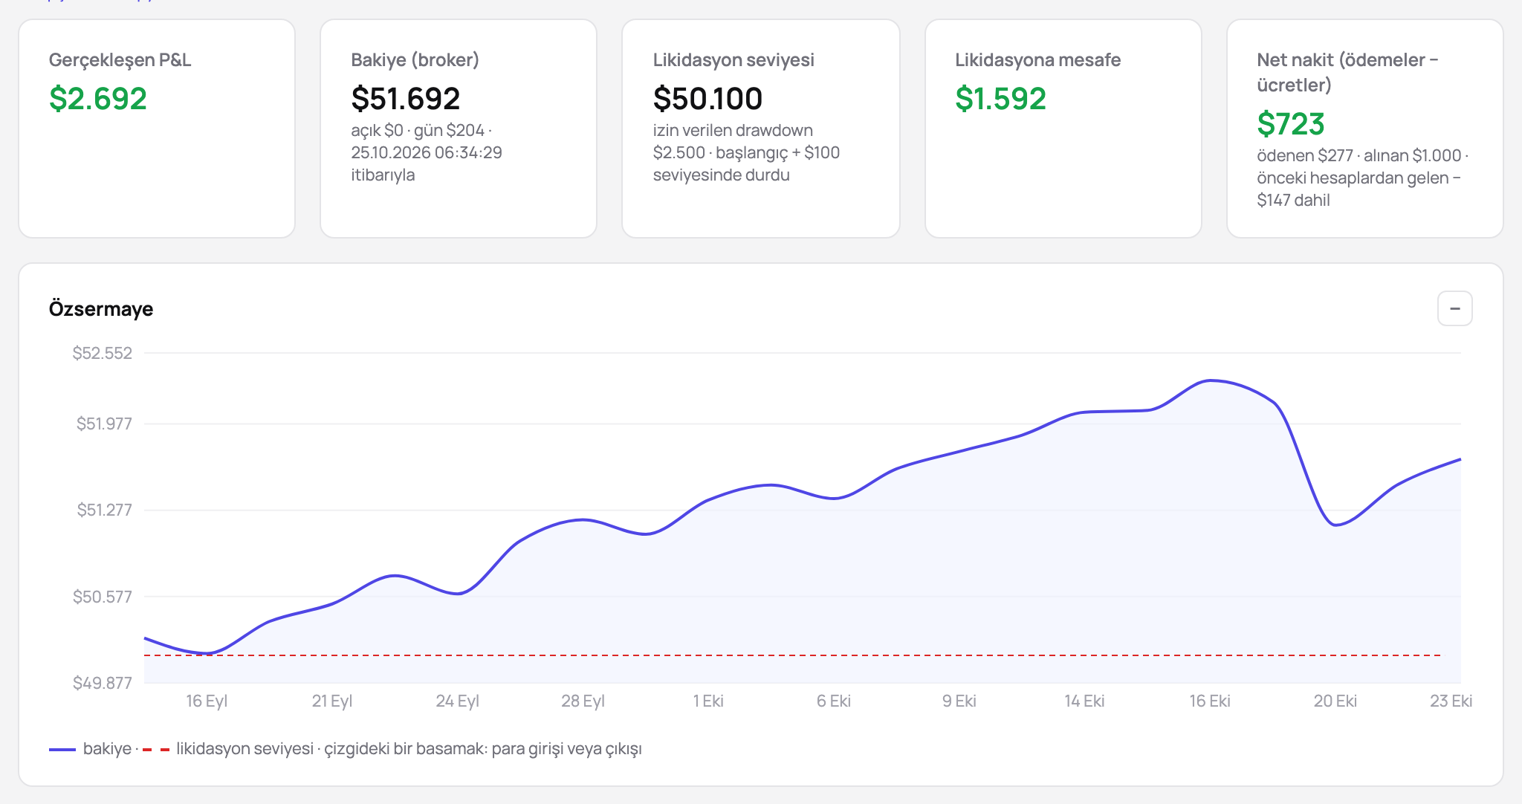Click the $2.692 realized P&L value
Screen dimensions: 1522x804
point(98,99)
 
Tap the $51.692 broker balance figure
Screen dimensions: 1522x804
point(406,99)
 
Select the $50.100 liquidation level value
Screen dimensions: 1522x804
point(707,99)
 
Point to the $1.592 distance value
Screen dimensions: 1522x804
point(1000,99)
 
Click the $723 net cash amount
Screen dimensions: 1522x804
point(1291,124)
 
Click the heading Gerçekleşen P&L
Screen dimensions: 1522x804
point(120,60)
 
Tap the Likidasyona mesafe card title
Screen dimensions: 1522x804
point(1038,60)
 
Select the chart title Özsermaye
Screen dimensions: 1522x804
point(101,309)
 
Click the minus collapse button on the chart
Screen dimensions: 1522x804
point(1455,308)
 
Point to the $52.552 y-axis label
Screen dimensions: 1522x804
point(103,353)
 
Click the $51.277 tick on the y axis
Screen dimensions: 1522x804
point(105,510)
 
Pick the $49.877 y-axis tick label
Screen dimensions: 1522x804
point(103,683)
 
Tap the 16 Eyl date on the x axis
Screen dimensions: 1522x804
point(207,701)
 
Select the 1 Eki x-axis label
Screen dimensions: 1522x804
point(708,701)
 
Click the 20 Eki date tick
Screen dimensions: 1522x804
point(1335,701)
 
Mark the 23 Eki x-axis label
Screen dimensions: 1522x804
point(1451,701)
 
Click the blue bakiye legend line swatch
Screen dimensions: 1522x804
point(62,750)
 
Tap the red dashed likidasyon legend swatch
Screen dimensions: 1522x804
point(156,750)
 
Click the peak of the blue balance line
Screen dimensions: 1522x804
point(1211,380)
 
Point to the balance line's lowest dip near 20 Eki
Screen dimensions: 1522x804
point(1335,525)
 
